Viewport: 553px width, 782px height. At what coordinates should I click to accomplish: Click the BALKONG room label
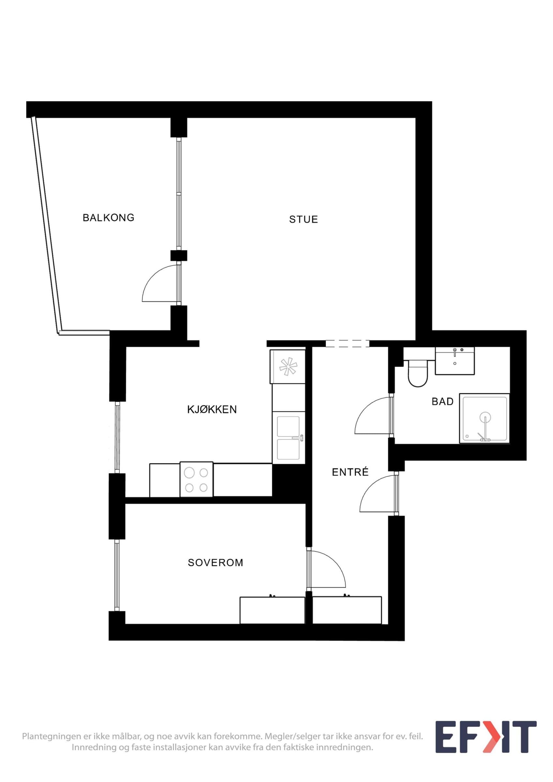pos(108,217)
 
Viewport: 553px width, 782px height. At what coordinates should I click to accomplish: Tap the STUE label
pos(303,219)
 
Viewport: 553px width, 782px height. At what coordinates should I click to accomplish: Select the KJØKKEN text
pos(212,409)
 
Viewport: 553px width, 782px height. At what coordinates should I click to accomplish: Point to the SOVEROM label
pos(215,562)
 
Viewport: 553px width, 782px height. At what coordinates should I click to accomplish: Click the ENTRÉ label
pos(350,472)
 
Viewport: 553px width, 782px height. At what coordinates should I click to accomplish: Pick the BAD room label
pos(442,401)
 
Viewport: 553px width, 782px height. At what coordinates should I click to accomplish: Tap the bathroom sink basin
pos(455,361)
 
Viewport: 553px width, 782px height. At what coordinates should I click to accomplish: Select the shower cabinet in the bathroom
pos(484,419)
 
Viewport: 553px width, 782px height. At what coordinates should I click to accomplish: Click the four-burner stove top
pos(197,479)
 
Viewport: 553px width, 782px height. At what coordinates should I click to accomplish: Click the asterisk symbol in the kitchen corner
pos(288,367)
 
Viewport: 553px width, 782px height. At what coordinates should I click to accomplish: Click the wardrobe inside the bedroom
pos(272,610)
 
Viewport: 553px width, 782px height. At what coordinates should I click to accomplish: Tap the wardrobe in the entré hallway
pos(347,610)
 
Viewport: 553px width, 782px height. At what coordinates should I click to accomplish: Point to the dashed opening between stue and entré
pos(348,344)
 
